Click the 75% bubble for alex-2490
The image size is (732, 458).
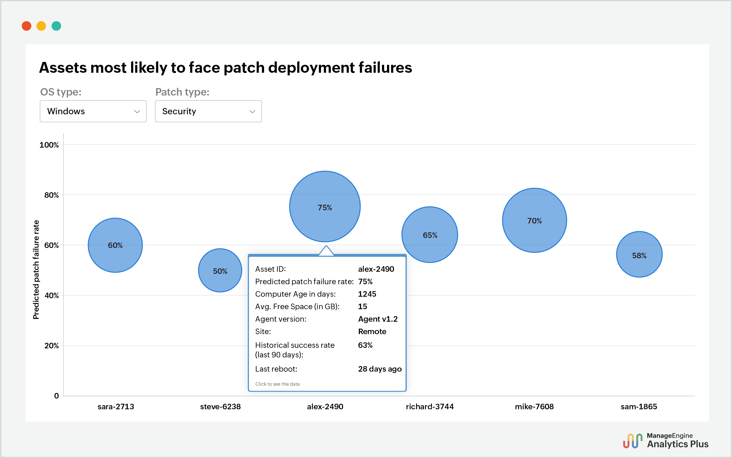point(325,207)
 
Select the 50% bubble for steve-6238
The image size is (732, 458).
point(220,271)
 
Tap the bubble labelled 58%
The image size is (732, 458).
point(639,254)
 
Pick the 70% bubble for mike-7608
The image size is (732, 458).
point(534,220)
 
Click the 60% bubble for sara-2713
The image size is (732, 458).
point(115,245)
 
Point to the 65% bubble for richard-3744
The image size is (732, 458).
point(430,235)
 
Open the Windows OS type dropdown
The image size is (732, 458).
point(93,111)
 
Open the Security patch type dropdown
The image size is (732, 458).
point(208,111)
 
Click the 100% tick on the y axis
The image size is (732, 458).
point(49,145)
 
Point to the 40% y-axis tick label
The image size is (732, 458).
point(52,295)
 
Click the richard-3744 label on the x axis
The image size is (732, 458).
point(430,406)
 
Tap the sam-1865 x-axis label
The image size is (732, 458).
point(639,406)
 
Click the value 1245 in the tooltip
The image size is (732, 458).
point(367,294)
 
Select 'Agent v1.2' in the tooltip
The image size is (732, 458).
point(377,319)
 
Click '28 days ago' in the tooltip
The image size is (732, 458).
point(380,369)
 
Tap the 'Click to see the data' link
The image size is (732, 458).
point(277,384)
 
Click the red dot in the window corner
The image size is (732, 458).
point(27,26)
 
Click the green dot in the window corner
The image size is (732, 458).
point(56,26)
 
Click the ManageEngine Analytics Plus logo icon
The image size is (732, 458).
point(633,441)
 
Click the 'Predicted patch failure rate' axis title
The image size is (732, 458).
point(36,270)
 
